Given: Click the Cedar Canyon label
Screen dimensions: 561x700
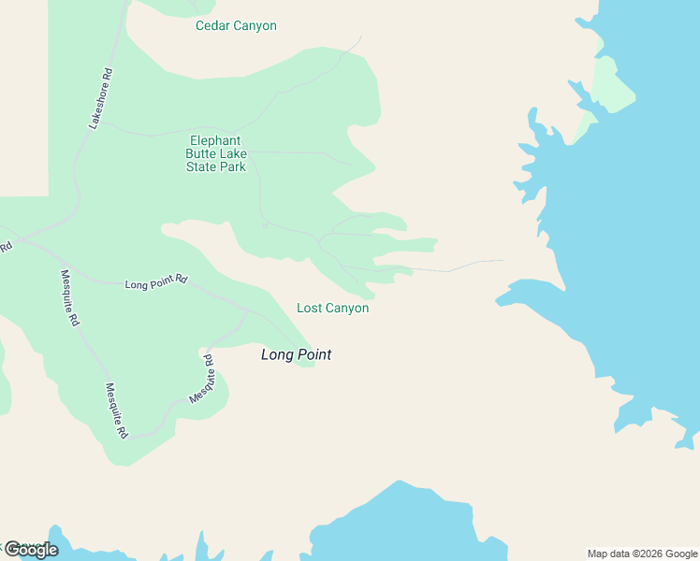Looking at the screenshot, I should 236,26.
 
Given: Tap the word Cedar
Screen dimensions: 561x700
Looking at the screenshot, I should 211,26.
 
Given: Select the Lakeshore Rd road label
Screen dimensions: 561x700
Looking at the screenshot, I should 100,98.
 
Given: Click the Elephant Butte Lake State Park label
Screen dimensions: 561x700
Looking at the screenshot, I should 217,154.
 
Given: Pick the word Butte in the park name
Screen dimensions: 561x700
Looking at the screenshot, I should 204,154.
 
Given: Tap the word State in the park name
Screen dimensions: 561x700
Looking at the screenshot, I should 201,167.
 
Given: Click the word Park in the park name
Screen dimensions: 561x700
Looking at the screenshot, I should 232,167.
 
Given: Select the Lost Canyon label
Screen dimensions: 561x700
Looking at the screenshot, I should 332,309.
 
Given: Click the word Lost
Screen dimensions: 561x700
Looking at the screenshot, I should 309,309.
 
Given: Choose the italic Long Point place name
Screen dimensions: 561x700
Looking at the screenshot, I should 296,355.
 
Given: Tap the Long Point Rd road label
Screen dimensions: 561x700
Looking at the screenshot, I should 156,280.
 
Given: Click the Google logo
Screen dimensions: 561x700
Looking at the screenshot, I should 32,550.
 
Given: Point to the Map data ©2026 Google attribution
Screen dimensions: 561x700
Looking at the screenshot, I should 643,554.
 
